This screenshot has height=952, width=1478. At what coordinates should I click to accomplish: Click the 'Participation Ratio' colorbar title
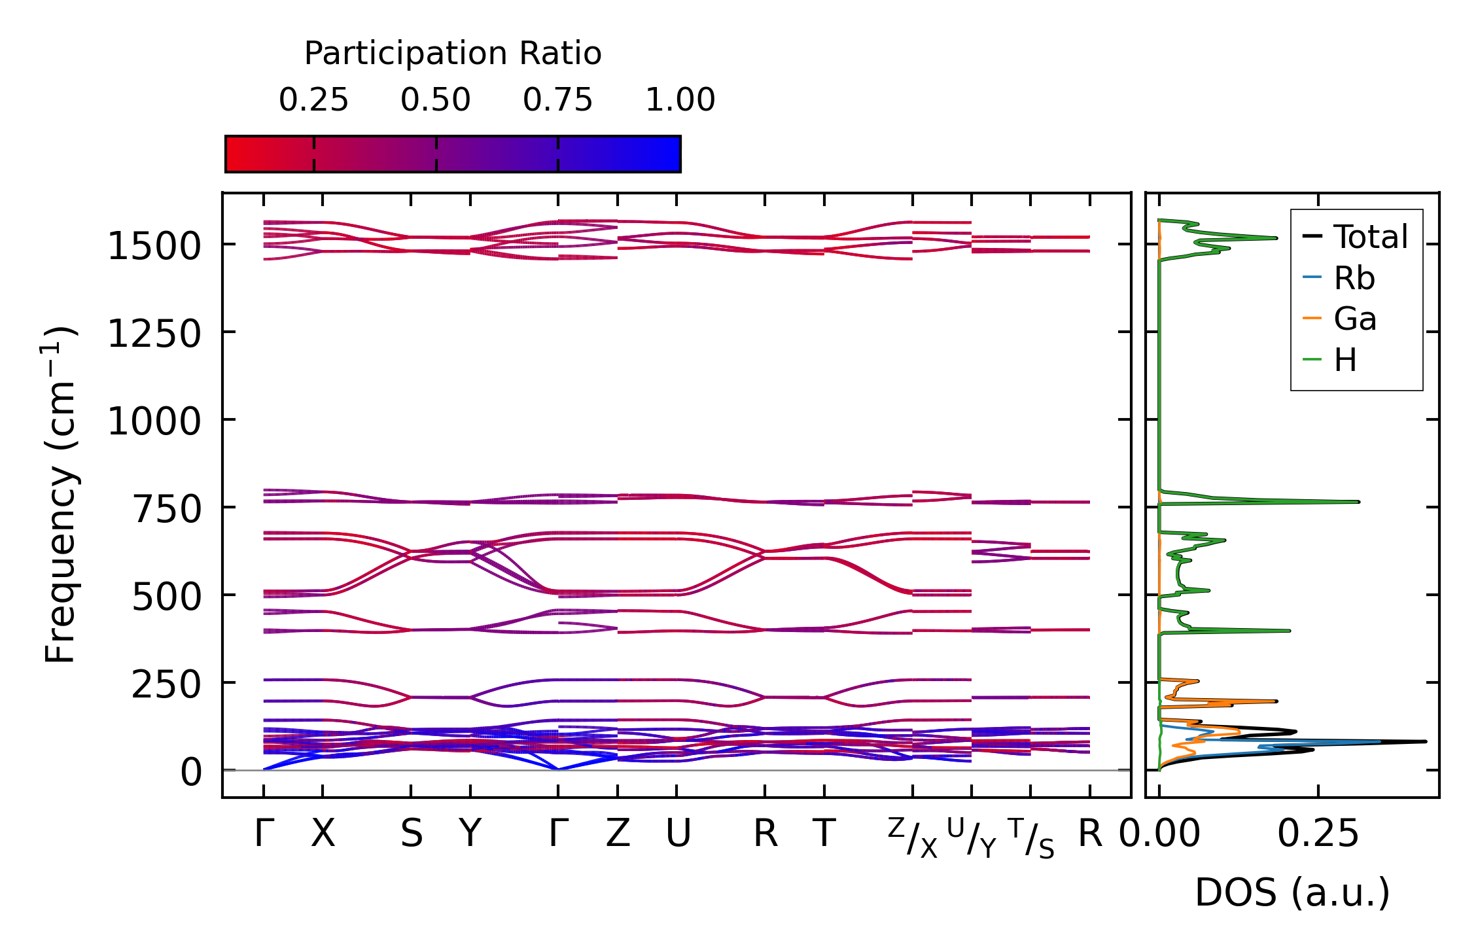453,54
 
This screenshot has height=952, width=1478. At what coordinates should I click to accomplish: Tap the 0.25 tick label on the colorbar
313,100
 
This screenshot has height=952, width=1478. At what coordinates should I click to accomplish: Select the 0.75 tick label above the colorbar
557,100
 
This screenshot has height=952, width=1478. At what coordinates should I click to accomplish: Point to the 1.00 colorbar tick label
680,100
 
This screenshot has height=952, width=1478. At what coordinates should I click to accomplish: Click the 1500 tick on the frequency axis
154,247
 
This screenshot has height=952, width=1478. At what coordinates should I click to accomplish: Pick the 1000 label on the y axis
154,421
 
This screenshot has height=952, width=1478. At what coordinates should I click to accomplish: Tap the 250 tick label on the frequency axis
166,685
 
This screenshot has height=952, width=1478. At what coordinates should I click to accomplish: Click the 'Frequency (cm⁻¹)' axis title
60,495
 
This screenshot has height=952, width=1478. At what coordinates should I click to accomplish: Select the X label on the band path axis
323,834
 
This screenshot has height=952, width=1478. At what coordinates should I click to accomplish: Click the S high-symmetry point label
412,834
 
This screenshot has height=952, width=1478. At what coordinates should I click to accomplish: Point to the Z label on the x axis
618,834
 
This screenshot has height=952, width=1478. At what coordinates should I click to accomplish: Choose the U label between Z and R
678,834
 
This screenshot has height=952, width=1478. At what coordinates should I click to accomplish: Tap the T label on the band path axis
824,834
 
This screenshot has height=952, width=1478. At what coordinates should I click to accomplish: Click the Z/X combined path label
913,837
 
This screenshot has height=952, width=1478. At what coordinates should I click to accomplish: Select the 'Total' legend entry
1370,237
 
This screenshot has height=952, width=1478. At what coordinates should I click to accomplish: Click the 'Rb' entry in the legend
1354,278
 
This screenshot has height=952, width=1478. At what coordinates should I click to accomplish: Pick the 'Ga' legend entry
1355,319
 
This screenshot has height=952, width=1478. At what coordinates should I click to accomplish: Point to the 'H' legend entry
1345,360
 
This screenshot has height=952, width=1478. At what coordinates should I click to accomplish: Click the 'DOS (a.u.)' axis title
1292,892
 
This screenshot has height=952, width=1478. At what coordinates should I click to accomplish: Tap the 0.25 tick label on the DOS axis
1318,834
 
